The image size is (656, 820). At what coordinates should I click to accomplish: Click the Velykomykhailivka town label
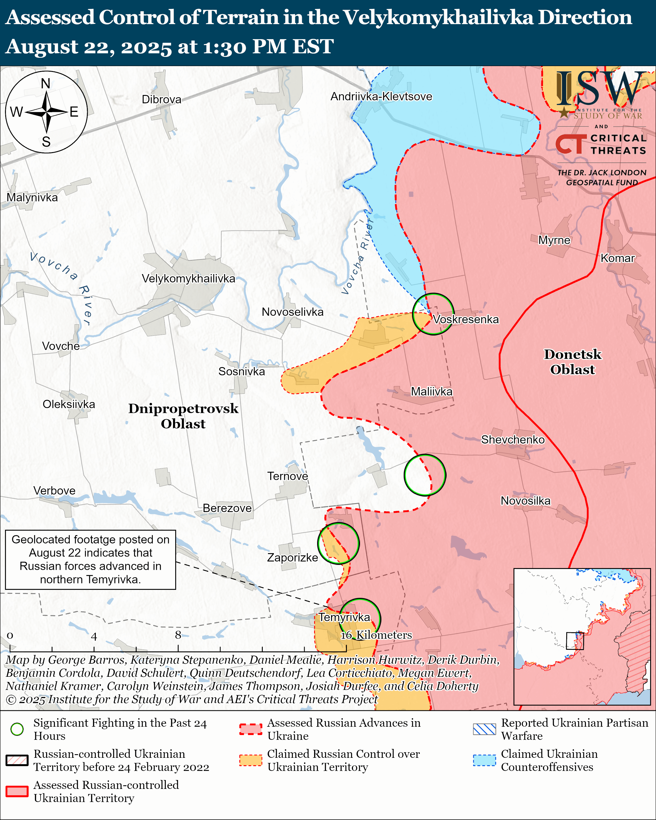[x=188, y=279]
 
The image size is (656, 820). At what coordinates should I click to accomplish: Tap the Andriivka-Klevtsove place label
[x=381, y=97]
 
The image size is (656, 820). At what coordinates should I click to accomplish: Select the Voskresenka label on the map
[x=465, y=320]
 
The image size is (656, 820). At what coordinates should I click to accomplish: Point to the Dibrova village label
[x=161, y=100]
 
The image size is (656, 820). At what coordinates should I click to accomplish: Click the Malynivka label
[x=32, y=198]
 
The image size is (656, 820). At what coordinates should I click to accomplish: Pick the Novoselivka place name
[x=292, y=312]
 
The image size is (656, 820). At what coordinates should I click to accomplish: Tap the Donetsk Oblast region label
[x=572, y=362]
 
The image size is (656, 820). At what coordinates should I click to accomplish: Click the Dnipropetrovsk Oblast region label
[x=183, y=416]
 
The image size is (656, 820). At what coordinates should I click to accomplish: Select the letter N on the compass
[x=46, y=84]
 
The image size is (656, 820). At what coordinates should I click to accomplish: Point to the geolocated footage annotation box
[x=91, y=560]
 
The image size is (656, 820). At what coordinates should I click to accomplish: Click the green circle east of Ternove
[x=424, y=475]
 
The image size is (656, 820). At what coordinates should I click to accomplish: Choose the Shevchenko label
[x=513, y=440]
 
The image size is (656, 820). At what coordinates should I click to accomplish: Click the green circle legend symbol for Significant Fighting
[x=17, y=729]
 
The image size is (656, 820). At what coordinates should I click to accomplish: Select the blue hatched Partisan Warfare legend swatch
[x=484, y=729]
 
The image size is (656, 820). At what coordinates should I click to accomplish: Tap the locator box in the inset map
[x=575, y=641]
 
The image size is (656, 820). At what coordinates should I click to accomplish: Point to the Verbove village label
[x=54, y=491]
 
